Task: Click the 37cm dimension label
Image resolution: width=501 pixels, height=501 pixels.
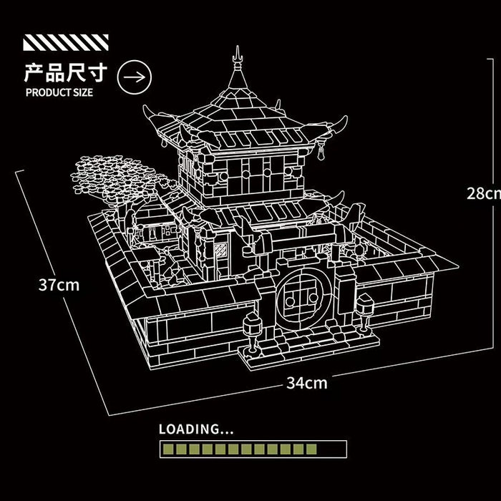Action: click(59, 284)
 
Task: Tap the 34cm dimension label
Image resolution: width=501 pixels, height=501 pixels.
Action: click(307, 383)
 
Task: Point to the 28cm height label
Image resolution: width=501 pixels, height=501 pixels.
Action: click(484, 193)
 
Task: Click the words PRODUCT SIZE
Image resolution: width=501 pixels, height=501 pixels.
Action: click(59, 92)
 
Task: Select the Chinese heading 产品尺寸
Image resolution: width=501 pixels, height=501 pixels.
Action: click(66, 73)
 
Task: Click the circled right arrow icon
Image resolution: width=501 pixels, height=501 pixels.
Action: click(135, 77)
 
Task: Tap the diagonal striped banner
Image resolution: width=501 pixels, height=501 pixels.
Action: click(66, 42)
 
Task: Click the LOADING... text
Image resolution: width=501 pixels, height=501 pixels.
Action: click(196, 429)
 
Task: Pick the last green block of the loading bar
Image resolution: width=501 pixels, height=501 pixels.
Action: click(311, 449)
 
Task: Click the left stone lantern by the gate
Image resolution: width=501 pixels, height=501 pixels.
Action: click(252, 332)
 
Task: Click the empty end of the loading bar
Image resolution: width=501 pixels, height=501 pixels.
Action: click(331, 449)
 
